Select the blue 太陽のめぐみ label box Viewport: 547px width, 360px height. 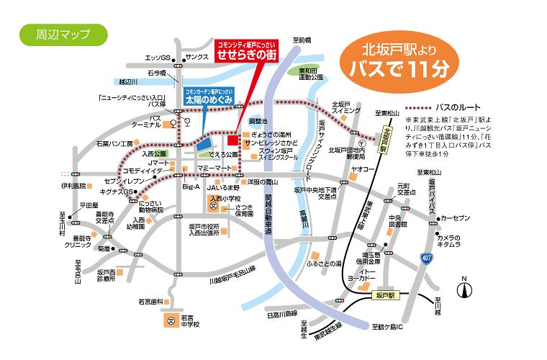(x=209, y=97)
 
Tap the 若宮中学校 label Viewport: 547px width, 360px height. (x=191, y=320)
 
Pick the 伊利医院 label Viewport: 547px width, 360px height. (x=73, y=186)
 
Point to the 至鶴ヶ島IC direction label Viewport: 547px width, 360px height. (x=389, y=326)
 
